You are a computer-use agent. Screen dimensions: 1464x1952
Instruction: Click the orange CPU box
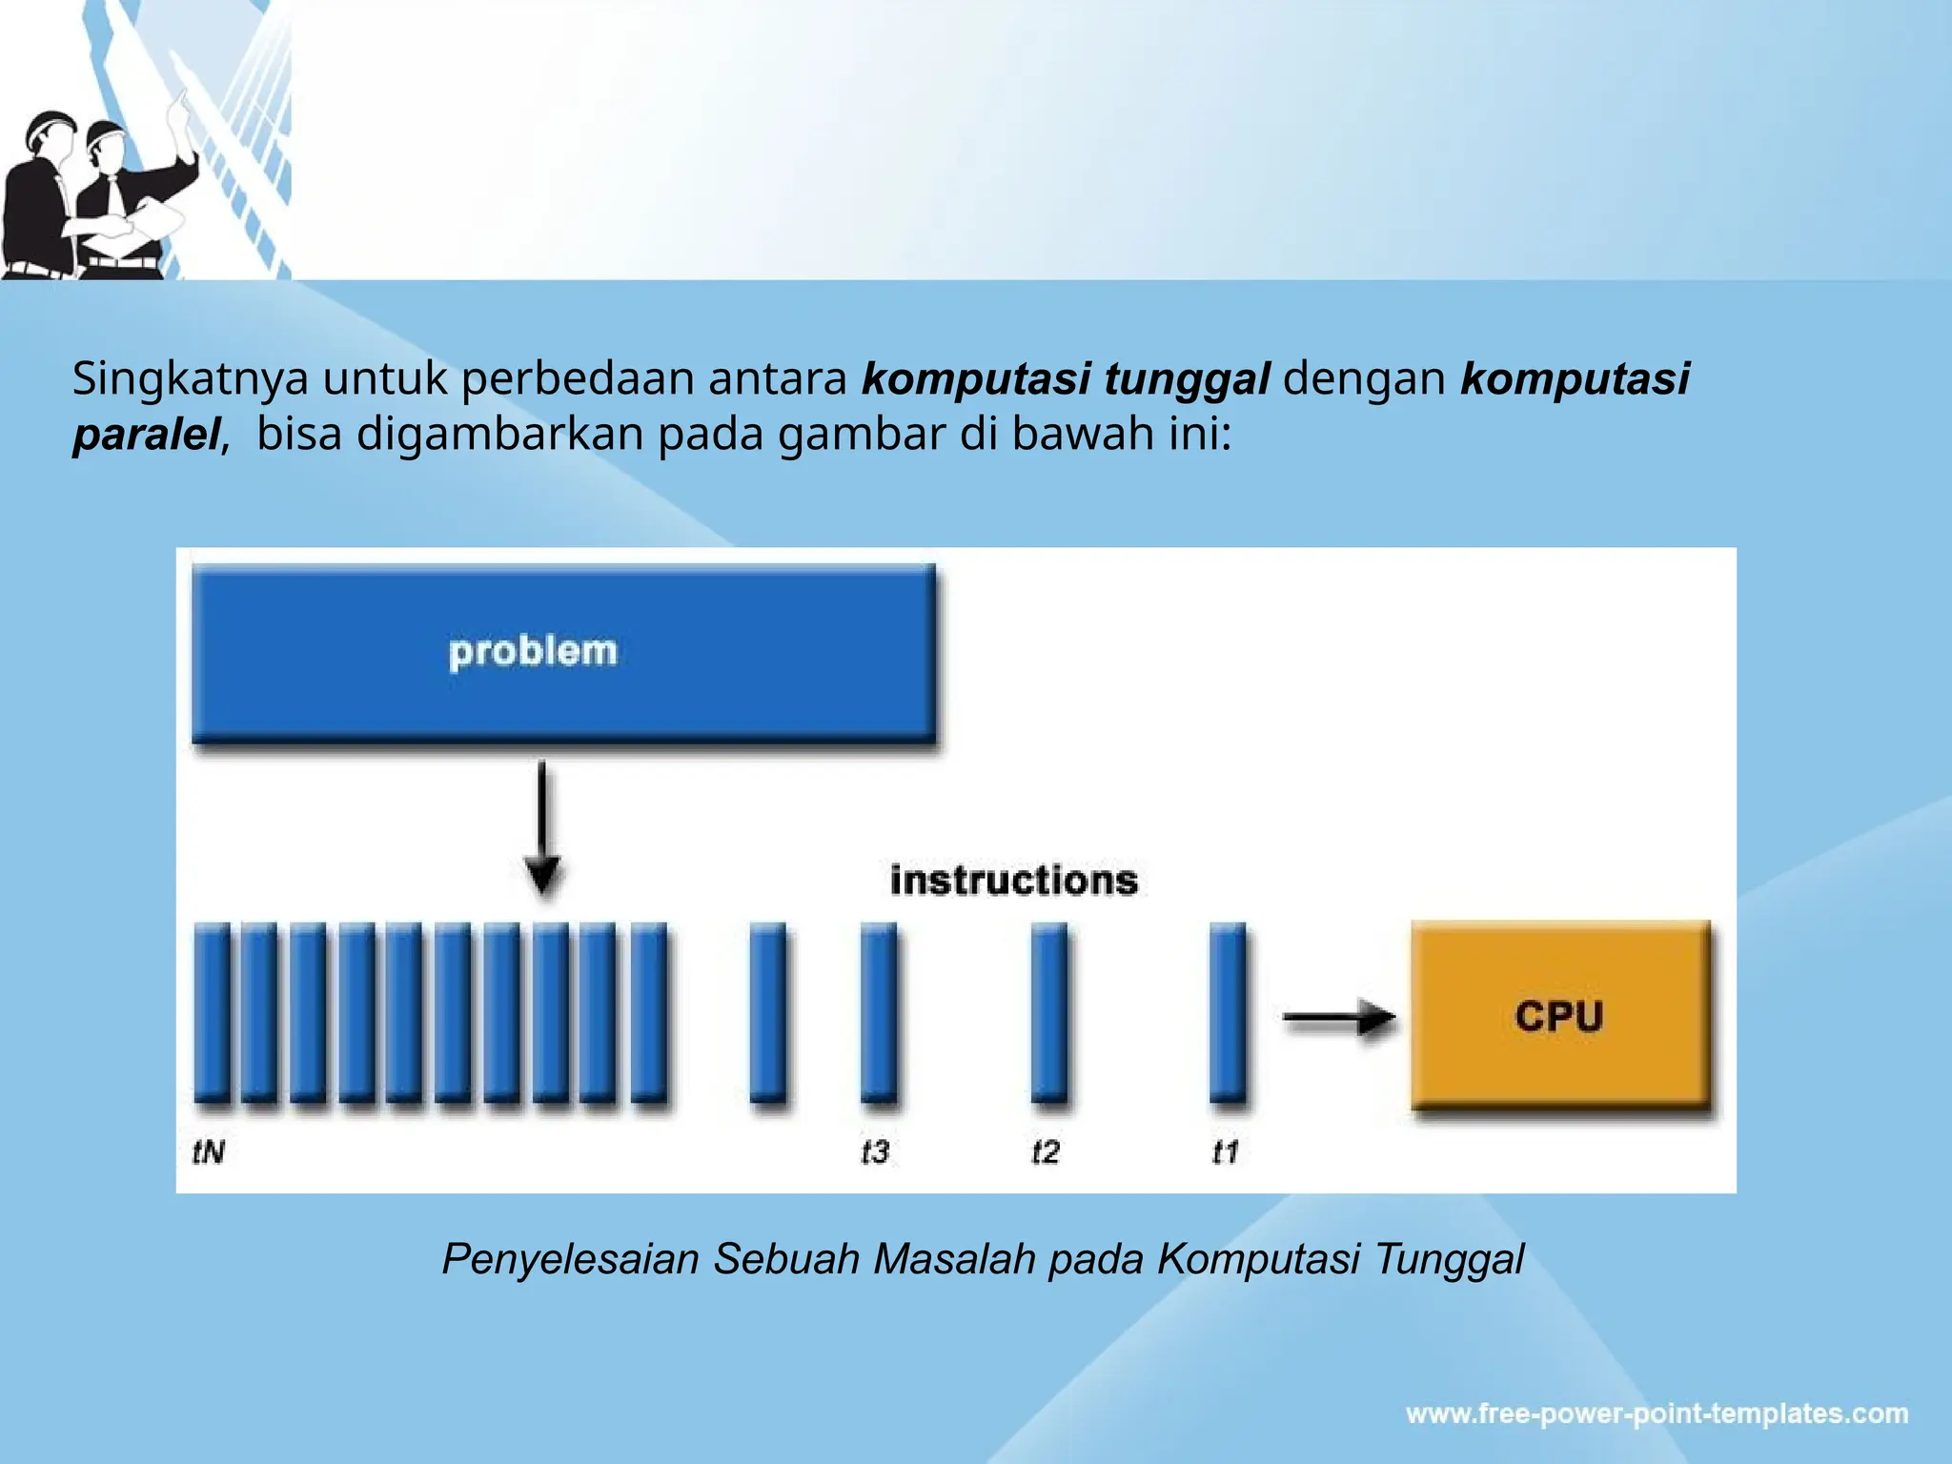(x=1560, y=1015)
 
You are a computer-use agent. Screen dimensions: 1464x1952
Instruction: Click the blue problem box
(x=562, y=653)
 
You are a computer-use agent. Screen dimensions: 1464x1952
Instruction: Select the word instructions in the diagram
(x=1013, y=880)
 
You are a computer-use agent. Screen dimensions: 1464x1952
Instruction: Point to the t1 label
(x=1225, y=1152)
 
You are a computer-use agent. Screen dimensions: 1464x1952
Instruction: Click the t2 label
(x=1046, y=1152)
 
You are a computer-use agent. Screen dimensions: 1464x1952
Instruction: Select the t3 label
(x=874, y=1152)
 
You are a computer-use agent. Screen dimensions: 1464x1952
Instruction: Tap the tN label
(x=209, y=1152)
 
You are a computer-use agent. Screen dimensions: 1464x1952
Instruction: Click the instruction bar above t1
(x=1228, y=1012)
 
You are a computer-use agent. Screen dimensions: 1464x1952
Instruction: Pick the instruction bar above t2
(x=1049, y=1012)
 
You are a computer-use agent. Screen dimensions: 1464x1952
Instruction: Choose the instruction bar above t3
(x=878, y=1012)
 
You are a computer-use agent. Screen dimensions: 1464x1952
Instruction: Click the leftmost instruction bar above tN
(x=212, y=1012)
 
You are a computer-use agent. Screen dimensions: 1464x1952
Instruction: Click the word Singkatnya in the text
(x=191, y=379)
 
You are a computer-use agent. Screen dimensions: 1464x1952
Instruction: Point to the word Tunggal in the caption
(x=1449, y=1259)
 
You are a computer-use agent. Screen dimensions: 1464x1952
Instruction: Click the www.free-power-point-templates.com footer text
(x=1657, y=1413)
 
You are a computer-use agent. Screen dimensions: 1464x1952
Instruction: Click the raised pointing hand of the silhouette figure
(x=178, y=107)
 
